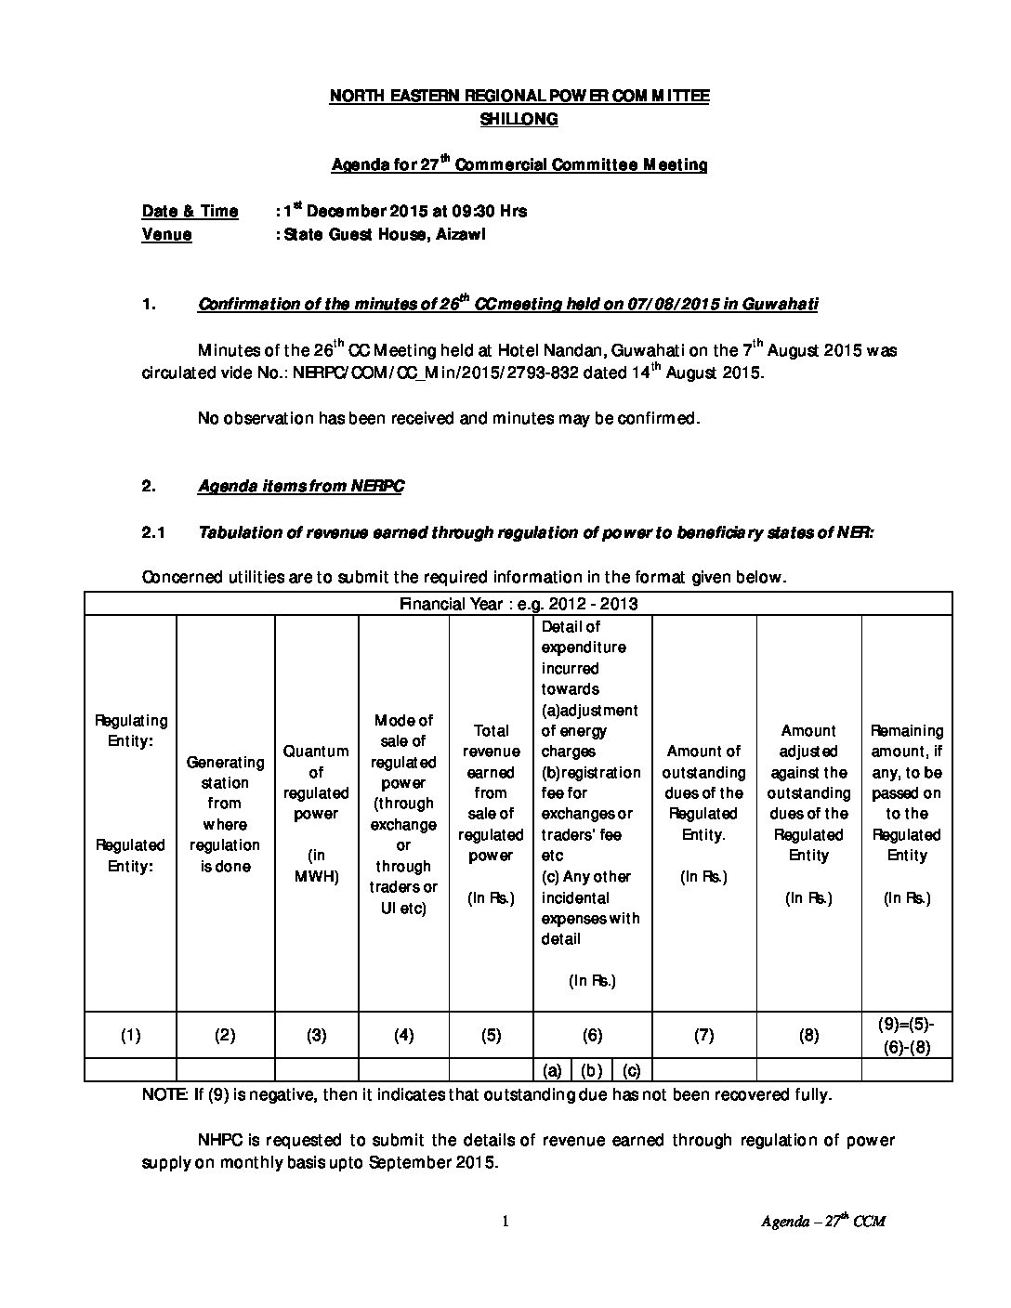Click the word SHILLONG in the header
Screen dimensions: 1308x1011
click(519, 119)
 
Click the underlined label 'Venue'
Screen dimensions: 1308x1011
click(167, 234)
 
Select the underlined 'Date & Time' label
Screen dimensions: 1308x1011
click(190, 211)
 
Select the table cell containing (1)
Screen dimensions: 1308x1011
click(131, 1035)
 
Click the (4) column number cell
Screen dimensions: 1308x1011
click(403, 1035)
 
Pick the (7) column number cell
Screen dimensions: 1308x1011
click(703, 1035)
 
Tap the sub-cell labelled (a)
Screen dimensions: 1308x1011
click(551, 1070)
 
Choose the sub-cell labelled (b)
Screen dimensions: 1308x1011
click(591, 1070)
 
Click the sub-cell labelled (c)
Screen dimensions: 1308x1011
click(632, 1070)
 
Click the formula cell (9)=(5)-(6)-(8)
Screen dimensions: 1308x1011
click(906, 1035)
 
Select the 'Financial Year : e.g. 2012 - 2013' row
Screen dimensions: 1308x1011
click(519, 604)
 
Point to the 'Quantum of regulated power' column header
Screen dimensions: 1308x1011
click(316, 782)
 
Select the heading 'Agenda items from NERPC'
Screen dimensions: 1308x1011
click(301, 486)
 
